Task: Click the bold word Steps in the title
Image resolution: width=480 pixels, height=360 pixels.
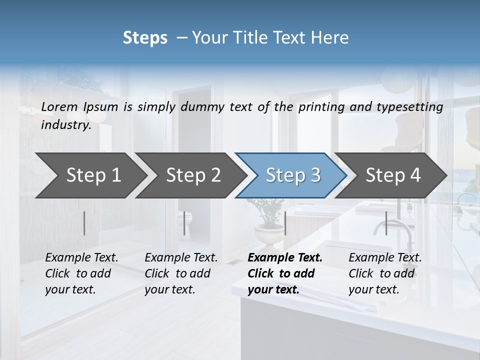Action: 145,38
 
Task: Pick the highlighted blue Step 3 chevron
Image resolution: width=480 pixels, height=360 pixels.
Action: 293,175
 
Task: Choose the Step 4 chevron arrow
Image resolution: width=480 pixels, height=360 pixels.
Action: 393,175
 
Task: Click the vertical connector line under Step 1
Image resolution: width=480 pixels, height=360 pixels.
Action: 84,223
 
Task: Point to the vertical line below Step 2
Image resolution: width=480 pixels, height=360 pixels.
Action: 184,223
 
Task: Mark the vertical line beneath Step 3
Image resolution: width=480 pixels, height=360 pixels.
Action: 285,223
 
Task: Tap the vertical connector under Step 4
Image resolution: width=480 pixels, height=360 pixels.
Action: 386,223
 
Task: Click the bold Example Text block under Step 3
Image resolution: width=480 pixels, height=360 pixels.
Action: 284,273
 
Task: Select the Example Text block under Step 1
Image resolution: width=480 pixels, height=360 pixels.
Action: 81,273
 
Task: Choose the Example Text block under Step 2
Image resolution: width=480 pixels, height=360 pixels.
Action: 181,273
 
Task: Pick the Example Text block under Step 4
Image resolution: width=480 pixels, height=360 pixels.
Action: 385,273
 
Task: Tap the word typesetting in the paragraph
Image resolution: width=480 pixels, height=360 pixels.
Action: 414,107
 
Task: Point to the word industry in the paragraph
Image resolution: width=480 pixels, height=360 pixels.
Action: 65,125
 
